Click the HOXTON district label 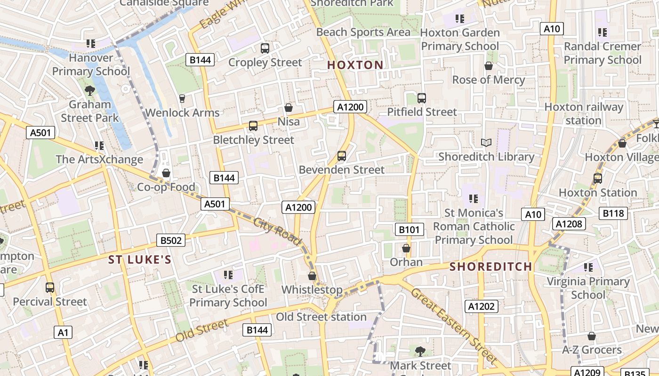(x=355, y=65)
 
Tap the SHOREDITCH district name (x=491, y=267)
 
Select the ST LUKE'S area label (x=140, y=259)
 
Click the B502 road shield (x=171, y=241)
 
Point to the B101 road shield (x=409, y=229)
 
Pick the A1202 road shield (x=481, y=306)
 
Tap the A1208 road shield (x=569, y=224)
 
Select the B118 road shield (x=613, y=213)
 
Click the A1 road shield (x=63, y=333)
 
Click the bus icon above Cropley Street (x=265, y=48)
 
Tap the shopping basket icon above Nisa (x=289, y=108)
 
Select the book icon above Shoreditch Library (x=486, y=142)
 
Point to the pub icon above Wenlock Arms (x=182, y=98)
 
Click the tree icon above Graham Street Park (x=89, y=90)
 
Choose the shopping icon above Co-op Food (x=166, y=173)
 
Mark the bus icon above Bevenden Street (x=342, y=156)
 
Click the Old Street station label (x=321, y=317)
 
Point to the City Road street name (x=277, y=231)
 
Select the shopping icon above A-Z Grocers (x=592, y=336)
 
